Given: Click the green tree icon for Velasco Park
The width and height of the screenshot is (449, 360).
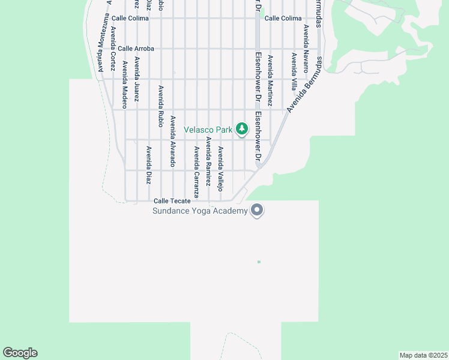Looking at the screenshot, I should [242, 129].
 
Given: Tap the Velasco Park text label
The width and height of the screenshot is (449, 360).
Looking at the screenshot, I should [208, 130].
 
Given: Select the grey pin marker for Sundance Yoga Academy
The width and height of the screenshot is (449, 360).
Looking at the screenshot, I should [258, 211].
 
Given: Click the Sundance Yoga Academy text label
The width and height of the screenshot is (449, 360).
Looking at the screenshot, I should [200, 211].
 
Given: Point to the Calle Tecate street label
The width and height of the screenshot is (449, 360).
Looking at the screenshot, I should [172, 201].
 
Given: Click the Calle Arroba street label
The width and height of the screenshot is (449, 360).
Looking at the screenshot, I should [136, 49].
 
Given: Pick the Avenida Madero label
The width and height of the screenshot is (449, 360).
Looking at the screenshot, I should [125, 80].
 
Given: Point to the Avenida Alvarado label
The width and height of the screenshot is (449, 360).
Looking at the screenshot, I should [173, 141].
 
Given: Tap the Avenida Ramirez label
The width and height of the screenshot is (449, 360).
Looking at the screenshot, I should [208, 160].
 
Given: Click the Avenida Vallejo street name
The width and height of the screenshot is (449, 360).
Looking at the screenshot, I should [220, 169].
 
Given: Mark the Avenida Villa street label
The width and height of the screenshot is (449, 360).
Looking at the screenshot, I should [294, 71].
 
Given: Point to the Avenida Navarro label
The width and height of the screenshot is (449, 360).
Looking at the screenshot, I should [306, 48].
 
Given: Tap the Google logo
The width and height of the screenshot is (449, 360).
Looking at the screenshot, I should [20, 353].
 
